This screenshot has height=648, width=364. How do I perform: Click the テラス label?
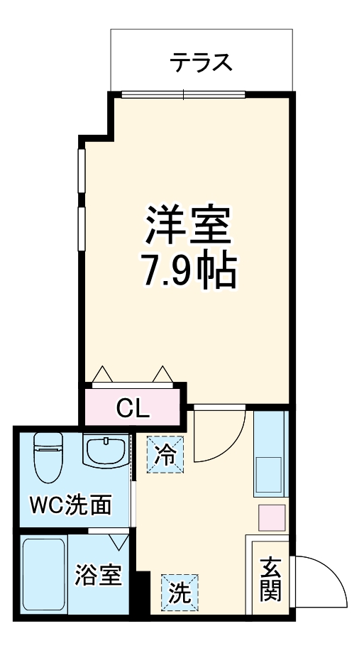[201, 62]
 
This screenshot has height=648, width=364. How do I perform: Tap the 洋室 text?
[189, 224]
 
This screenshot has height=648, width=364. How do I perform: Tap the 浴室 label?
[99, 574]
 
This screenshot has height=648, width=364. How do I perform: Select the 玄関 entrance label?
[270, 579]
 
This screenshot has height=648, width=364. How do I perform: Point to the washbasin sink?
[106, 450]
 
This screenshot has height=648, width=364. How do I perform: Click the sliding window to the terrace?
[183, 94]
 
